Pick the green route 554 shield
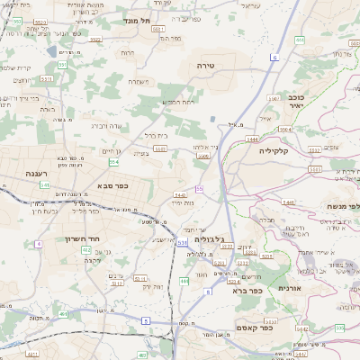114,162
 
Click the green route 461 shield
61,313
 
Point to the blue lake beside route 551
211,118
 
